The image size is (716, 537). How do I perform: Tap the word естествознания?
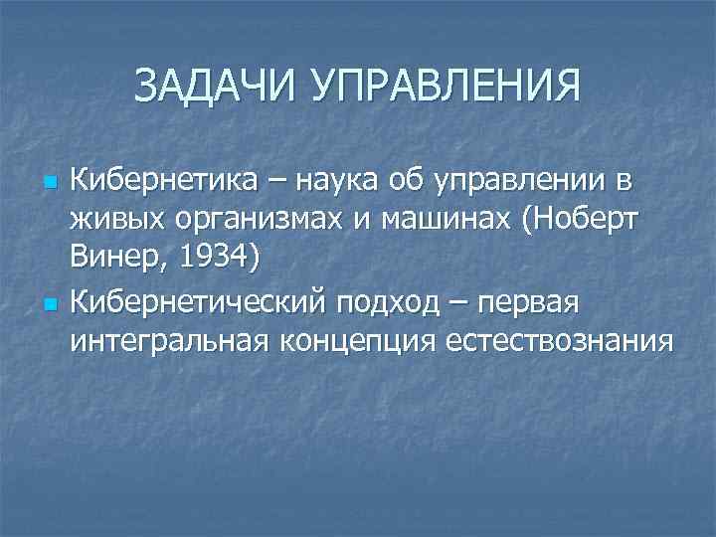[x=560, y=341]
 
